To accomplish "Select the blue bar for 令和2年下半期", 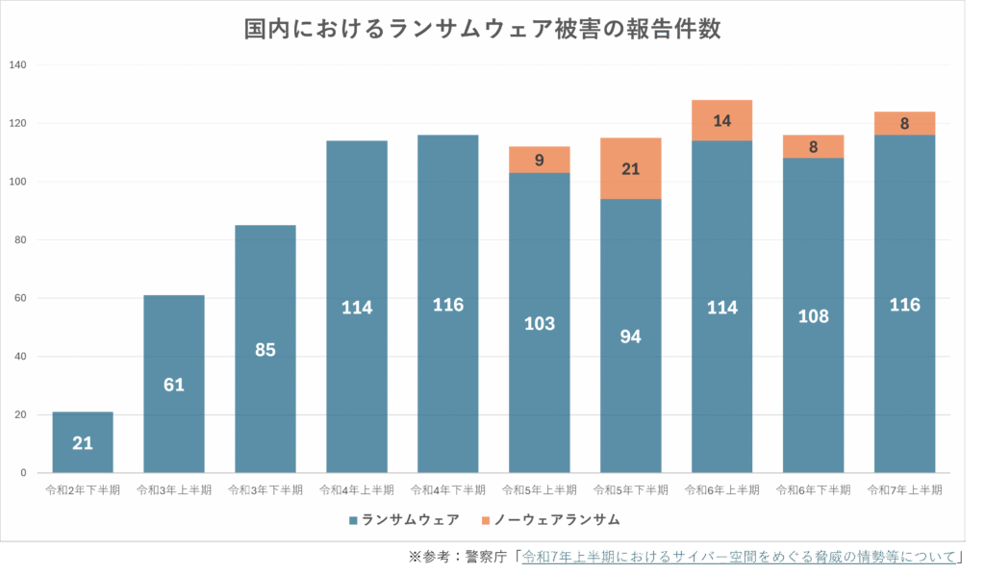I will tap(83, 442).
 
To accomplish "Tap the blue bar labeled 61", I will tap(174, 385).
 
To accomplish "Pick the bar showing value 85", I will tap(265, 349).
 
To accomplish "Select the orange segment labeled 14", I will tap(722, 120).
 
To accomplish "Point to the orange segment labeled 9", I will tap(540, 160).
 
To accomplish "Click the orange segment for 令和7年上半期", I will tap(905, 123).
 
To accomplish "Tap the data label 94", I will tap(631, 337).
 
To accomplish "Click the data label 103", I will tap(540, 323).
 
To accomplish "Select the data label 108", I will tap(814, 316).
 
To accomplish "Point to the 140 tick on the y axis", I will tap(19, 65).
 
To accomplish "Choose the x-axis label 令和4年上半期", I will tap(357, 489).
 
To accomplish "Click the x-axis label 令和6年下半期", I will tap(814, 489).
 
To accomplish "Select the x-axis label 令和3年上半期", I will tap(174, 489).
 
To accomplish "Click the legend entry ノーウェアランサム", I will tap(558, 520).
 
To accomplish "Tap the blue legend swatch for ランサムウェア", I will tap(354, 520).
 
